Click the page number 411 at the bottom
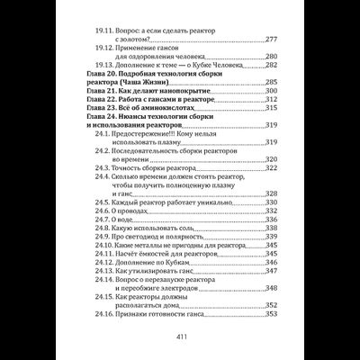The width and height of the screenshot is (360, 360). pyautogui.click(x=180, y=336)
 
